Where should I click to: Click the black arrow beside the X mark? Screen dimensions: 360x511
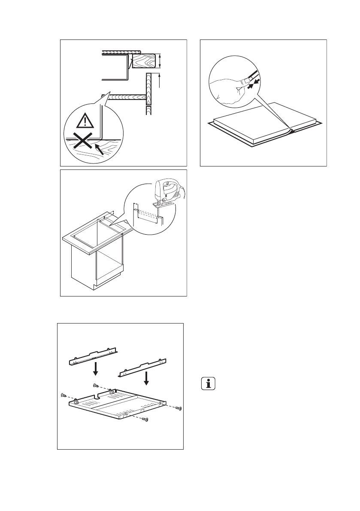coord(99,149)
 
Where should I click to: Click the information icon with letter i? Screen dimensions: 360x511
coord(209,384)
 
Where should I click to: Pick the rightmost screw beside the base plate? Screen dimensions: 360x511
coord(179,408)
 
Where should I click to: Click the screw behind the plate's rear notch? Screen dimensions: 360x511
coord(96,386)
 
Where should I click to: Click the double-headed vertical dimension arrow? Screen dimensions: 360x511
coord(160,61)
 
